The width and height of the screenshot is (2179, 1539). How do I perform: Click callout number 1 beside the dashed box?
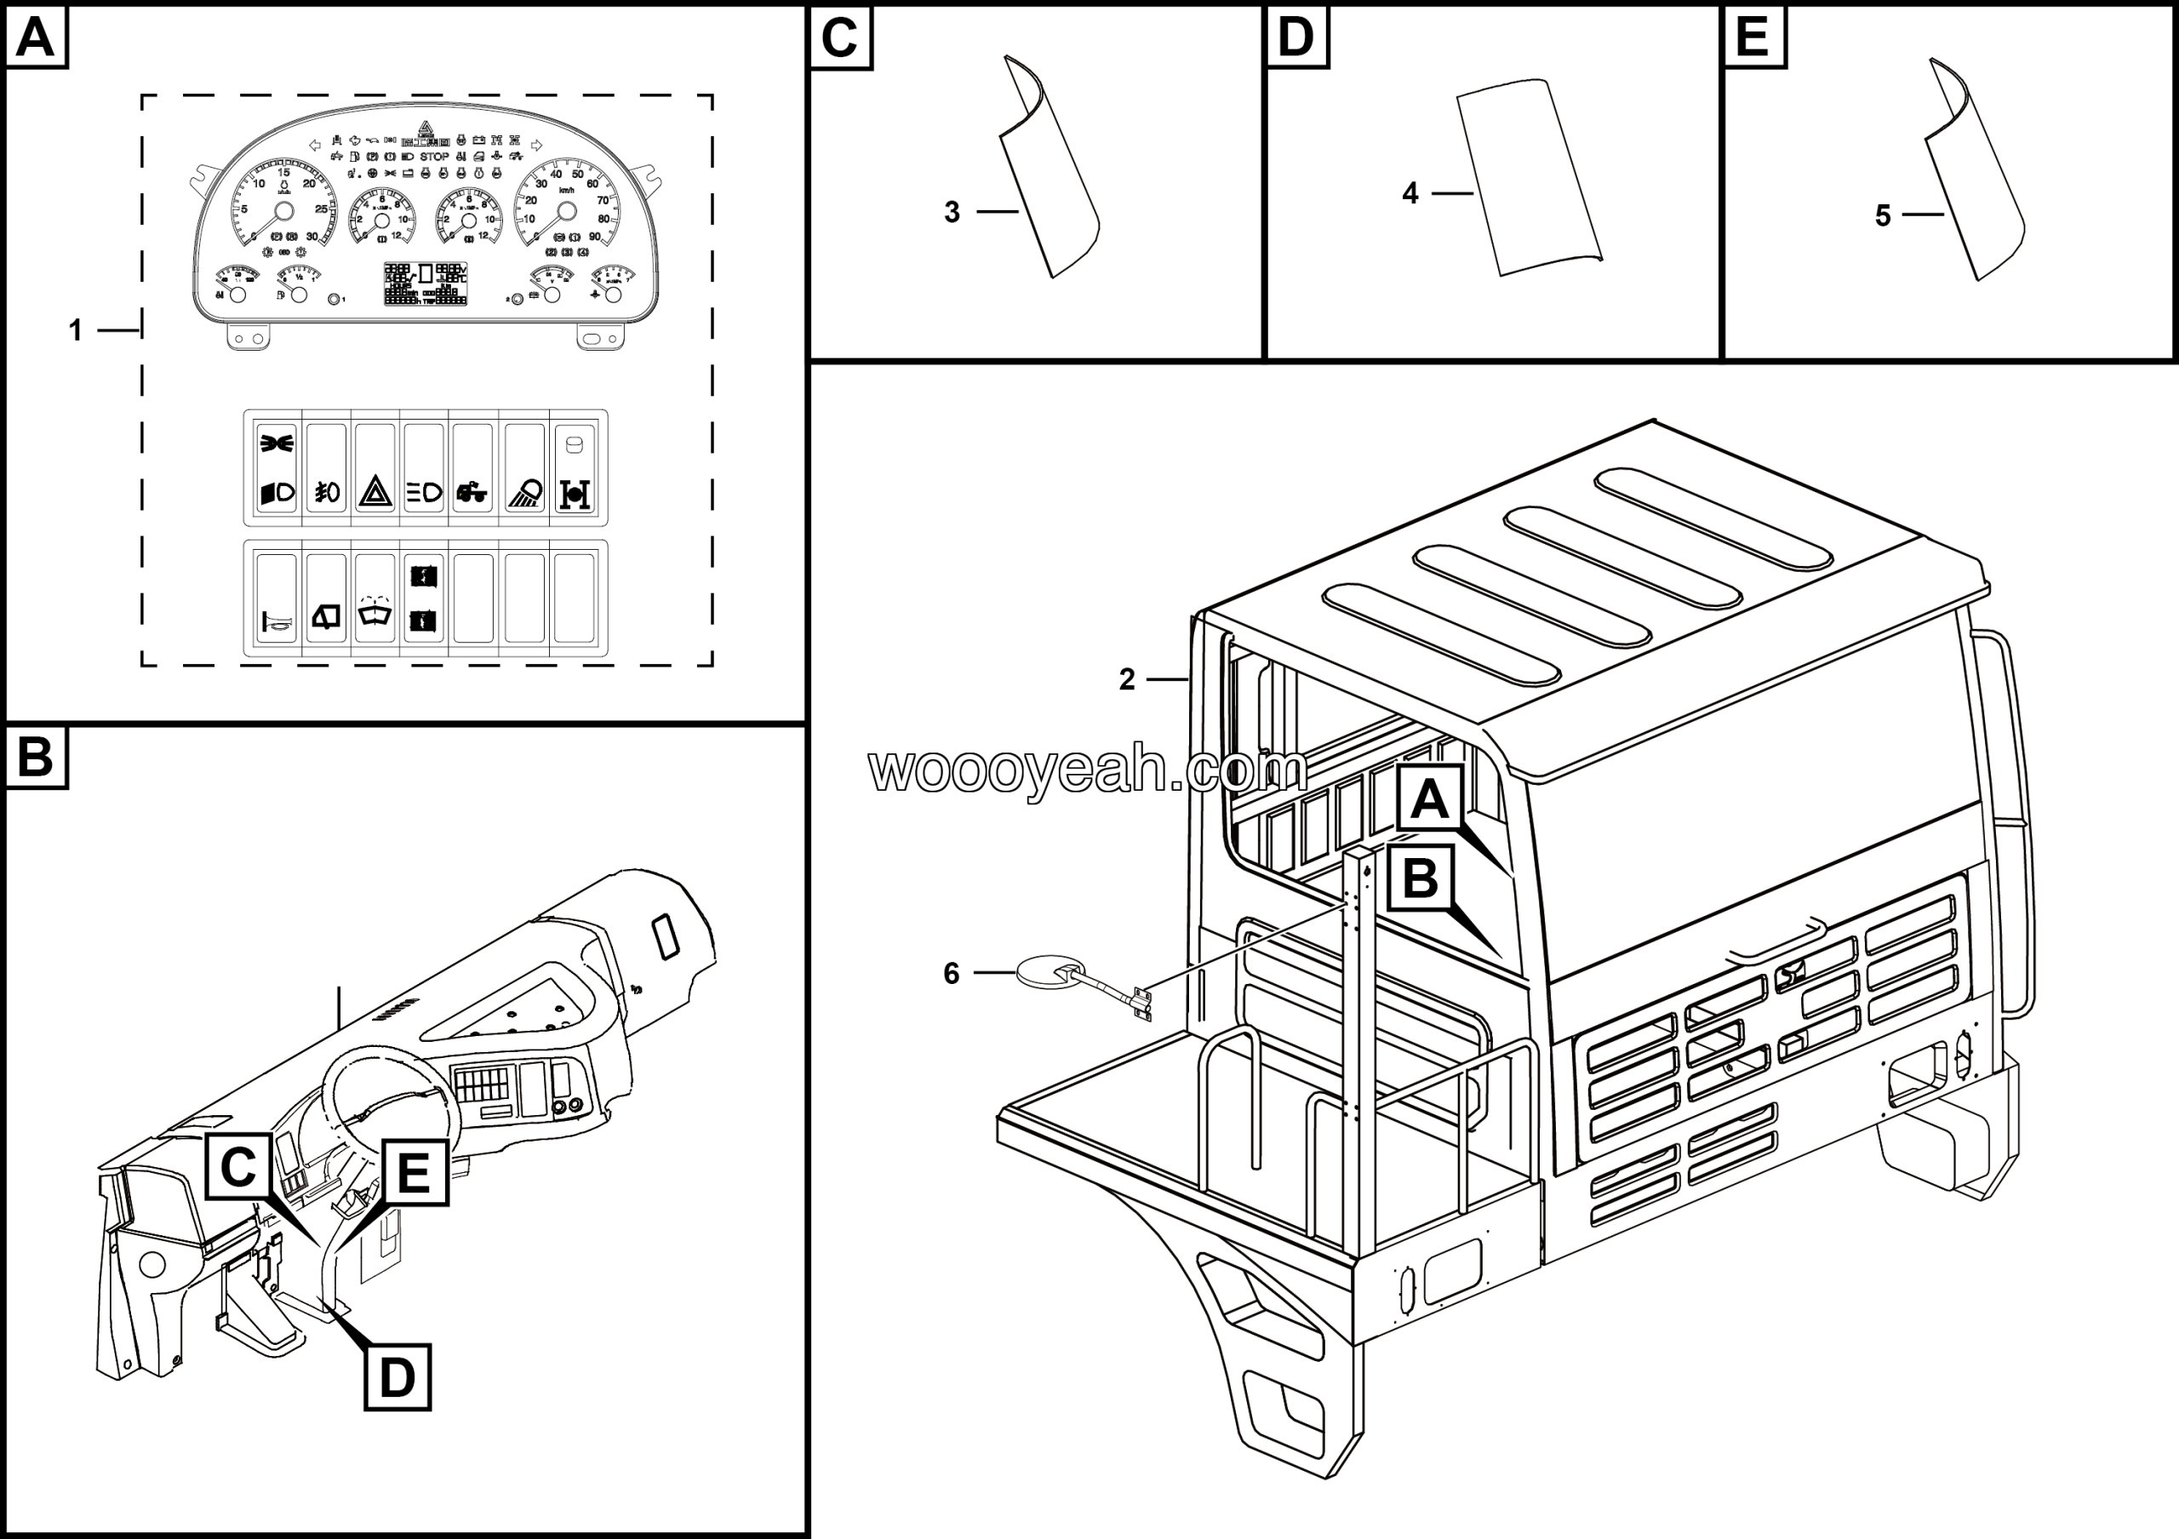[x=76, y=330]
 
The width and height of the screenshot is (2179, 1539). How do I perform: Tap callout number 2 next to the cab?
[x=1126, y=679]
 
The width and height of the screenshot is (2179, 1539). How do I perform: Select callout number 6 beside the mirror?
[x=951, y=974]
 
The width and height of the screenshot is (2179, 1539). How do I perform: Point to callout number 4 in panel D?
[x=1410, y=193]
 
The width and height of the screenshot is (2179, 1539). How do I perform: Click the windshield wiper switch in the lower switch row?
[x=375, y=615]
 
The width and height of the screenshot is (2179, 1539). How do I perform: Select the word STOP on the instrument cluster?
[x=435, y=157]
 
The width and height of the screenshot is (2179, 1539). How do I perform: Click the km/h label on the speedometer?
[x=567, y=191]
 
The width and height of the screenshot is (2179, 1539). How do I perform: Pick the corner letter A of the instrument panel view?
[x=36, y=38]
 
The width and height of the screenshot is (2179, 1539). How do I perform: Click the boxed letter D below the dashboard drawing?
[x=397, y=1376]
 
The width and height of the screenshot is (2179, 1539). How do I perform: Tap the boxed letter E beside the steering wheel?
[x=414, y=1173]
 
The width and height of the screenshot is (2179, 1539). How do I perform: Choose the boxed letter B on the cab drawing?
[x=1420, y=878]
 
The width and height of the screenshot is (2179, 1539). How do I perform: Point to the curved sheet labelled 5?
[x=1974, y=180]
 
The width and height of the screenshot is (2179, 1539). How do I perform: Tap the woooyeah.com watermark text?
[x=1087, y=769]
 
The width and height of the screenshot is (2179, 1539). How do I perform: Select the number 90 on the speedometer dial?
[x=595, y=237]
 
